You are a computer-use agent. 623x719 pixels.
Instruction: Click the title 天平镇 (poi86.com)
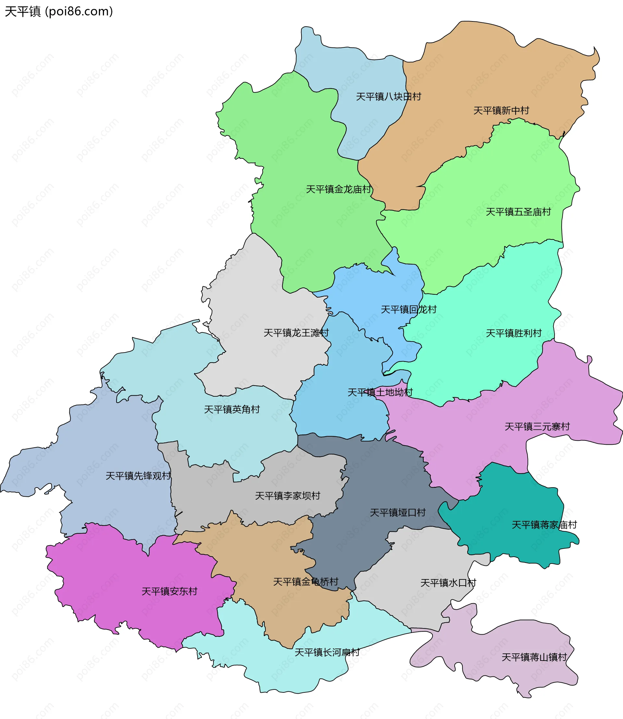point(59,11)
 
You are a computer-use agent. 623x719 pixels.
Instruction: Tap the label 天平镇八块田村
point(388,96)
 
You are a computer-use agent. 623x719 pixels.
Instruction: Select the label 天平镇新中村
point(501,111)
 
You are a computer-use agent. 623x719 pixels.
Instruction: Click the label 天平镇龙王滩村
point(296,333)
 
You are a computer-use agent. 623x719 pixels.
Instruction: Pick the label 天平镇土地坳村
point(380,392)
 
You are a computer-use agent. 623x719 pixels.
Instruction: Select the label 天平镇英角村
point(232,409)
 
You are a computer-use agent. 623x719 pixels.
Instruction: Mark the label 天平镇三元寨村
point(537,427)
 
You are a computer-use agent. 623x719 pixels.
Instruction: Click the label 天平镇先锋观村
point(138,476)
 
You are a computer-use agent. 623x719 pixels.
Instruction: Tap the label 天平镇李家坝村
point(287,496)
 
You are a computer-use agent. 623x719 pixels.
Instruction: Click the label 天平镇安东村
point(169,591)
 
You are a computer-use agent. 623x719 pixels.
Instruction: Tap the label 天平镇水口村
point(448,583)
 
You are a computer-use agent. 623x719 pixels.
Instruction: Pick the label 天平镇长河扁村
point(327,652)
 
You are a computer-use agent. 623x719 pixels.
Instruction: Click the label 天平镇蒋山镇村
point(534,657)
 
